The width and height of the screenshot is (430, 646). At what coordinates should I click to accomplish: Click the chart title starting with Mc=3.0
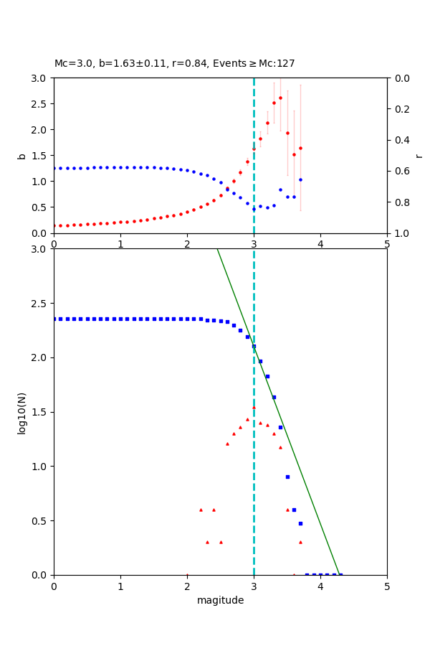(x=174, y=64)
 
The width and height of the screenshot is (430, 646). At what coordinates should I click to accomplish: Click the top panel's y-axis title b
(x=21, y=155)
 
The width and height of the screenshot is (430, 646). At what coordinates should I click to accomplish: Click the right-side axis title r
(x=419, y=155)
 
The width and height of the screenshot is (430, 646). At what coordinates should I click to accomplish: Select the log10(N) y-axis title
(x=21, y=412)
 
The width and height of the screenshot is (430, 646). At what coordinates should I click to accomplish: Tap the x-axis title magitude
(x=220, y=601)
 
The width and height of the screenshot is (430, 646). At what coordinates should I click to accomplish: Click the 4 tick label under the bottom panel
(x=320, y=587)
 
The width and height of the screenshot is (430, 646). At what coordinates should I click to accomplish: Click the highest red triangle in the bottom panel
(x=254, y=407)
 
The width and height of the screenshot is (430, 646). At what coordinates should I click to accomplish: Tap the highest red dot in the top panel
(x=280, y=98)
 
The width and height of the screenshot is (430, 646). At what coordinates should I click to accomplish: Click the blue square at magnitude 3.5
(x=287, y=477)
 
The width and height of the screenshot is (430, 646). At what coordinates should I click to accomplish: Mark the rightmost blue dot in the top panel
(x=300, y=180)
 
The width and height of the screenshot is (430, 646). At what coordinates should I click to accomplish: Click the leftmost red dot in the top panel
(x=54, y=226)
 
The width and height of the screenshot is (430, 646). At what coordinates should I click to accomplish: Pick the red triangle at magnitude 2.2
(x=201, y=510)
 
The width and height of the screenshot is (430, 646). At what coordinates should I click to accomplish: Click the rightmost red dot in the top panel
(x=300, y=149)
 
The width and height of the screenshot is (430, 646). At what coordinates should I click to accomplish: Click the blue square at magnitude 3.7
(x=300, y=523)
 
